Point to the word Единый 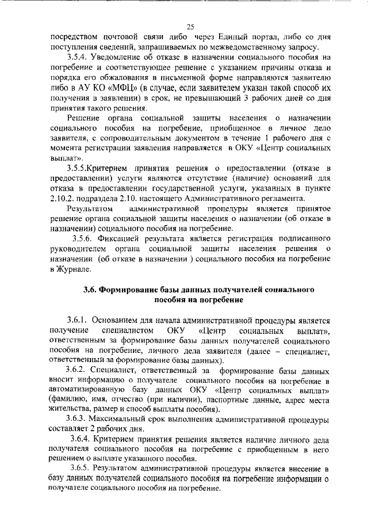[231, 37]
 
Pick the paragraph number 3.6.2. [78, 371]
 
